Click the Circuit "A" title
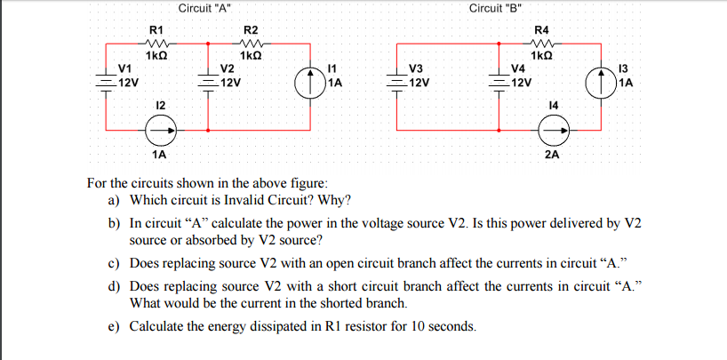pos(204,8)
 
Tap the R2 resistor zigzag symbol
pos(251,41)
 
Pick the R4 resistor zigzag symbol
pos(543,41)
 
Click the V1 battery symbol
pos(108,77)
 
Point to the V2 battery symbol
pos(208,77)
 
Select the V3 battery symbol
pos(399,77)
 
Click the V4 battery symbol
pos(501,77)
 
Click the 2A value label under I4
pos(552,154)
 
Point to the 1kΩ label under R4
pos(542,55)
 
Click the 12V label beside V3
pos(419,84)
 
